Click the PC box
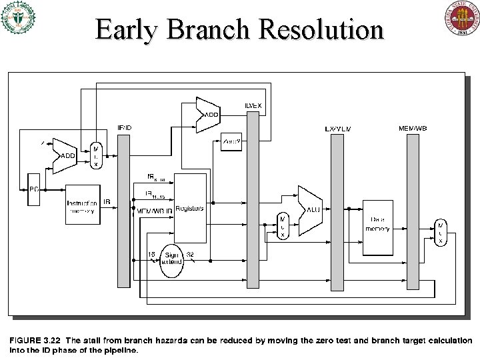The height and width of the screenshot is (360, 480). click(31, 189)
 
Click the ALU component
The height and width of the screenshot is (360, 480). click(310, 209)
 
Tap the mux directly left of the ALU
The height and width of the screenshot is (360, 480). click(283, 226)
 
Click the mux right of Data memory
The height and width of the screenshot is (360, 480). click(441, 232)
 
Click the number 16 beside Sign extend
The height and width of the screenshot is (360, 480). click(151, 254)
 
